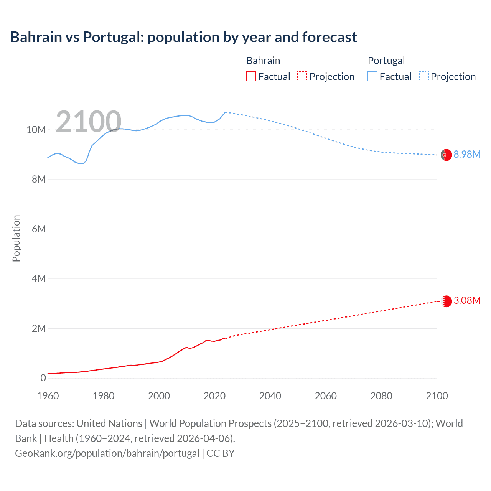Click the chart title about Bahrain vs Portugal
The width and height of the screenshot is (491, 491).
coord(183,37)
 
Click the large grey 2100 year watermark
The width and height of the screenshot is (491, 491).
coord(89,122)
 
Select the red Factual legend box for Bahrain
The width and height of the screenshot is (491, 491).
coord(251,77)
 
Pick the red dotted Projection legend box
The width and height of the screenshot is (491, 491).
coord(302,77)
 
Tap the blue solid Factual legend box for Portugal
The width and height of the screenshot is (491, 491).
coord(372,77)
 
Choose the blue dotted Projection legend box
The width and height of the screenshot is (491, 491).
coord(424,77)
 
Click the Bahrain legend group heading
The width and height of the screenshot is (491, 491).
coord(263,61)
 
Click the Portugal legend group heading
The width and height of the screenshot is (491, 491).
coord(386,61)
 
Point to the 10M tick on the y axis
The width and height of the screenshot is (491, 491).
coord(36,130)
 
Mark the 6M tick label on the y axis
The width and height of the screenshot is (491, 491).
coord(39,229)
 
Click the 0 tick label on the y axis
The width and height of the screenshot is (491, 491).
coord(43,378)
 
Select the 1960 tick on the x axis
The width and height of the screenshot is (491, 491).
coord(48,396)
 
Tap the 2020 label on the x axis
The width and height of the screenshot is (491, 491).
coord(214,396)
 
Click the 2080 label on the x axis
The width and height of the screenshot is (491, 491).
coord(381,396)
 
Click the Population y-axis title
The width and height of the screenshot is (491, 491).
coord(16,238)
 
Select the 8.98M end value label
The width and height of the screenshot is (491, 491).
coord(467,154)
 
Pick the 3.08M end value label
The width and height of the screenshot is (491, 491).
coord(467,300)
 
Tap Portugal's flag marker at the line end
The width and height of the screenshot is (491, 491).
coord(446,155)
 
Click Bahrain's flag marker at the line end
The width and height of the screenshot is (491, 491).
coord(447,302)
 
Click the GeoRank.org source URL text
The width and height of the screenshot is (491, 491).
coord(107,453)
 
